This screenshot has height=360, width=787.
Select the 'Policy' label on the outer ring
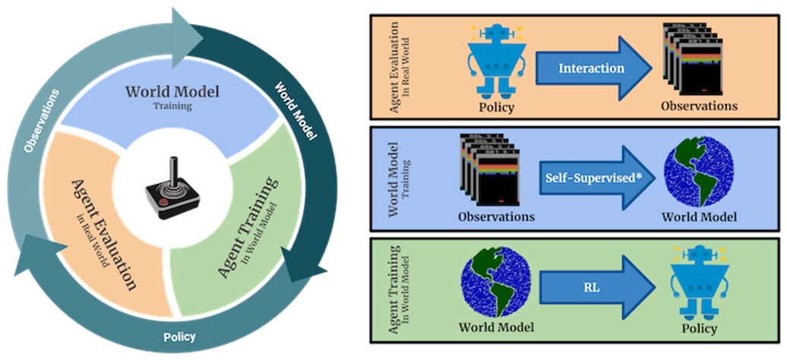click(x=180, y=336)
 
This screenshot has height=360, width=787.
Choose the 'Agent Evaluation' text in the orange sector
click(x=103, y=232)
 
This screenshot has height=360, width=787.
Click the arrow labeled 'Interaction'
click(x=593, y=68)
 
